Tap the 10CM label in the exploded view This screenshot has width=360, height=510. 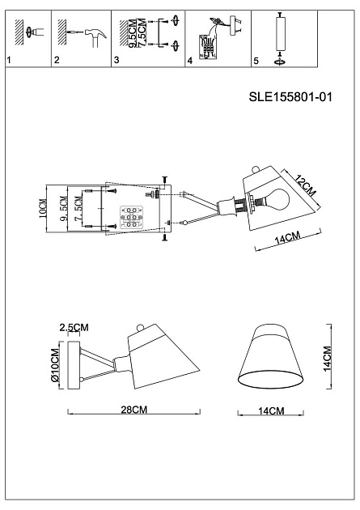click(x=43, y=211)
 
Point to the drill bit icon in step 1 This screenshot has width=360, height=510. click(x=30, y=32)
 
